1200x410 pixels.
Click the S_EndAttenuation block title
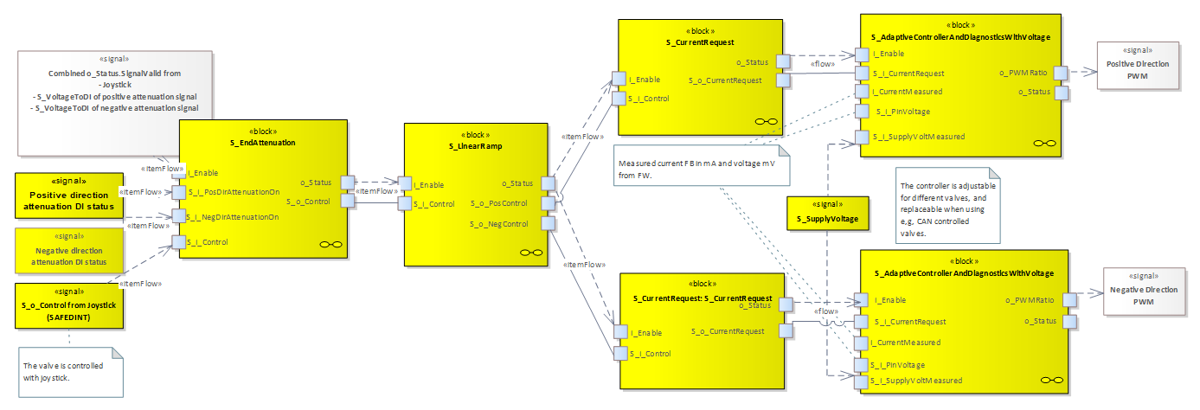coord(263,143)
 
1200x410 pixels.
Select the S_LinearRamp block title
coord(476,146)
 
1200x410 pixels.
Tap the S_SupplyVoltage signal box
coord(828,213)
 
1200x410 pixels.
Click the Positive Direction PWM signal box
coord(1138,65)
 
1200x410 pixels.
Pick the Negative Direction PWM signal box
coord(1144,291)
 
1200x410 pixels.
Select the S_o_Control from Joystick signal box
coord(69,305)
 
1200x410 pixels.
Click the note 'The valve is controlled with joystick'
coord(71,372)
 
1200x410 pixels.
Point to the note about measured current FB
coord(702,165)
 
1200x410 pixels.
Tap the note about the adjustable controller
coord(947,205)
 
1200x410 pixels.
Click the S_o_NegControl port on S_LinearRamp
coord(548,223)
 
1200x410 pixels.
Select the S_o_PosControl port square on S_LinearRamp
coord(548,203)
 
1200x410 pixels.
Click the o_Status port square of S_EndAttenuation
coord(348,183)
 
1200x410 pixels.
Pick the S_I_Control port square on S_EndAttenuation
coord(179,242)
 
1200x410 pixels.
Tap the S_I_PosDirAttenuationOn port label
coord(234,192)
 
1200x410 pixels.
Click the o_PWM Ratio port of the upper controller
coord(1061,73)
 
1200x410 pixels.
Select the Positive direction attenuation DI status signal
coord(69,195)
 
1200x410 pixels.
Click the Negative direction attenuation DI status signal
coord(69,251)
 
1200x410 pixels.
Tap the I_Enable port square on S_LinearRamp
coord(405,183)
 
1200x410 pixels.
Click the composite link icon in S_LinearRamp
coord(531,253)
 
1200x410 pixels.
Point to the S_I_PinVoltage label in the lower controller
coord(897,365)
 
